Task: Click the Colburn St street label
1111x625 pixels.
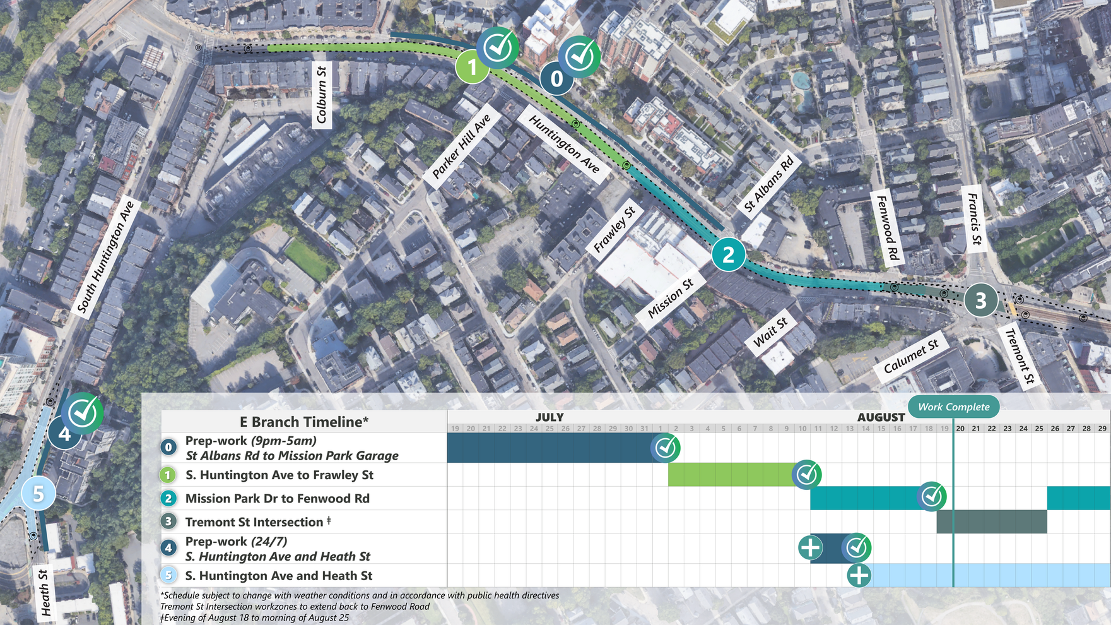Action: pos(322,95)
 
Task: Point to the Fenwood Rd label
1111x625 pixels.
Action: pos(888,228)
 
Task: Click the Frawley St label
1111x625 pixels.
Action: pos(614,229)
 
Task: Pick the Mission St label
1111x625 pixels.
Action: pos(670,297)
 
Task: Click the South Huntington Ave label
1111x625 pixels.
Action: pos(105,256)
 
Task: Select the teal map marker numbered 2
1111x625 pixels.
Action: pos(729,254)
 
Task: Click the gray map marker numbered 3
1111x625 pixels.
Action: pos(980,301)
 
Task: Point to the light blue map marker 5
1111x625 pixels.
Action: pos(38,493)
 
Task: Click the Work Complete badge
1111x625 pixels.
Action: pos(953,407)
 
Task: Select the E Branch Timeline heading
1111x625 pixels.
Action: pos(304,422)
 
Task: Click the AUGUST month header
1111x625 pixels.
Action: pos(881,417)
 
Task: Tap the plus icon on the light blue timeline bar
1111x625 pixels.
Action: pos(859,575)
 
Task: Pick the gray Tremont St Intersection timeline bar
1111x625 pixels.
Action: pos(991,521)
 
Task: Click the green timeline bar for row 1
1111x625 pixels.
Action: pos(732,474)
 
